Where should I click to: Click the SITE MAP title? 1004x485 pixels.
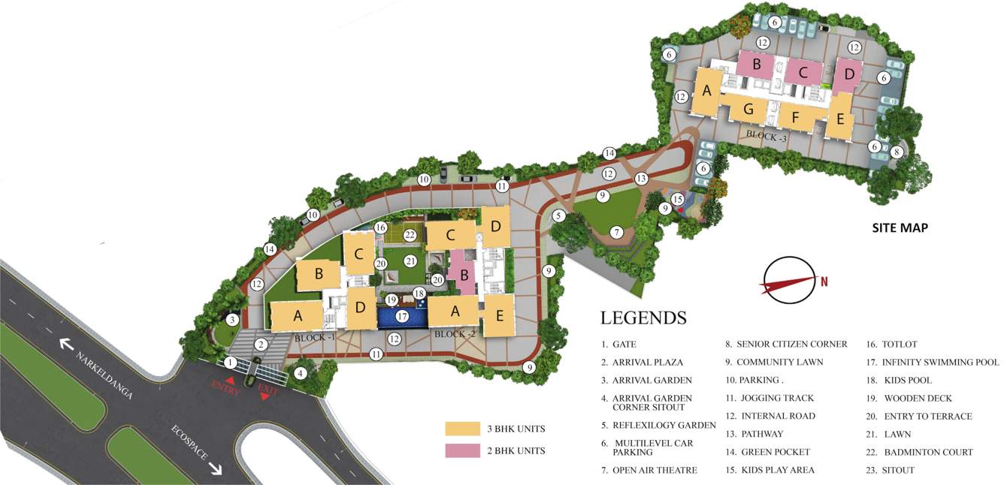pyautogui.click(x=900, y=227)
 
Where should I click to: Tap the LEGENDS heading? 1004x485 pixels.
pyautogui.click(x=643, y=318)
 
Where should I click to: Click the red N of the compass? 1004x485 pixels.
pyautogui.click(x=824, y=282)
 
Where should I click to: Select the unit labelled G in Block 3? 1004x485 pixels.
pyautogui.click(x=748, y=110)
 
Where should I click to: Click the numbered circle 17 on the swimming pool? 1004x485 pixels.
pyautogui.click(x=403, y=317)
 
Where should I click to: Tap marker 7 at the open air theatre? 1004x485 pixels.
pyautogui.click(x=616, y=232)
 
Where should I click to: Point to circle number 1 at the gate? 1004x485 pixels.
pyautogui.click(x=231, y=363)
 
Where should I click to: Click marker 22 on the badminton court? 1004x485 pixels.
pyautogui.click(x=410, y=235)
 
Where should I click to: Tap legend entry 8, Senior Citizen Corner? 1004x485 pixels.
pyautogui.click(x=786, y=344)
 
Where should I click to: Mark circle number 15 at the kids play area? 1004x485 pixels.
pyautogui.click(x=678, y=199)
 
